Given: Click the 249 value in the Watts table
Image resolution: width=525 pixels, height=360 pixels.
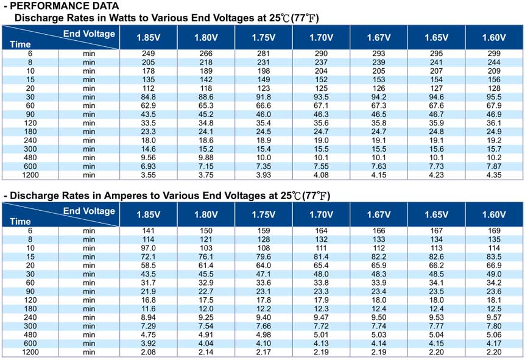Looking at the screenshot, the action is click(x=149, y=54).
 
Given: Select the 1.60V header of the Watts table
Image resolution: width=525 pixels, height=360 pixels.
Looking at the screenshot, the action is click(x=494, y=38).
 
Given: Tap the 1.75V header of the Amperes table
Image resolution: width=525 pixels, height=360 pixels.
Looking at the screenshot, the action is click(x=264, y=214).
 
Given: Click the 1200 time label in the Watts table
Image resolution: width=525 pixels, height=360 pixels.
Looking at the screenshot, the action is click(x=30, y=175).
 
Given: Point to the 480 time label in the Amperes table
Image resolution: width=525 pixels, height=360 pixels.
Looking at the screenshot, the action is click(x=30, y=335).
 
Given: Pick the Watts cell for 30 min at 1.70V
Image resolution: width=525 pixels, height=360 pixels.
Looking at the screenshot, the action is click(x=321, y=97).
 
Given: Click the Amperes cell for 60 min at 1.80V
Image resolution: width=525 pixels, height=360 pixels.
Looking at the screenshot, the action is click(x=206, y=283).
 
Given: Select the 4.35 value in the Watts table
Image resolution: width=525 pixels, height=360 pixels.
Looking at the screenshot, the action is click(x=494, y=175).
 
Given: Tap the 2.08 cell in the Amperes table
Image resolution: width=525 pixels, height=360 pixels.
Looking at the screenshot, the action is click(x=149, y=352).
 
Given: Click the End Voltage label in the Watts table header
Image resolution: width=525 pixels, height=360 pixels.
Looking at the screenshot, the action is click(x=89, y=34).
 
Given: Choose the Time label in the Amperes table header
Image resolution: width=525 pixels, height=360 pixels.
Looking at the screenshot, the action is click(x=20, y=222).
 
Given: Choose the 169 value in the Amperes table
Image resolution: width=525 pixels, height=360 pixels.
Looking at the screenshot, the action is click(x=494, y=231).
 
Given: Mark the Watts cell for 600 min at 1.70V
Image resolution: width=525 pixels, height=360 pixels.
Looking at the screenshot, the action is click(x=321, y=166).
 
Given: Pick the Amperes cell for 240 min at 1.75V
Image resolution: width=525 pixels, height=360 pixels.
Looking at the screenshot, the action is click(x=264, y=317).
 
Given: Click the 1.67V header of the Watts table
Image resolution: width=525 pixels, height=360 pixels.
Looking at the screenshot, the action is click(x=379, y=38).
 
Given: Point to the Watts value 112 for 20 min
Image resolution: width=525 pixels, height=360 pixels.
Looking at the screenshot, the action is click(x=149, y=88).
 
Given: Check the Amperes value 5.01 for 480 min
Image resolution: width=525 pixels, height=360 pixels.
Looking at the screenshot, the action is click(x=321, y=335).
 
